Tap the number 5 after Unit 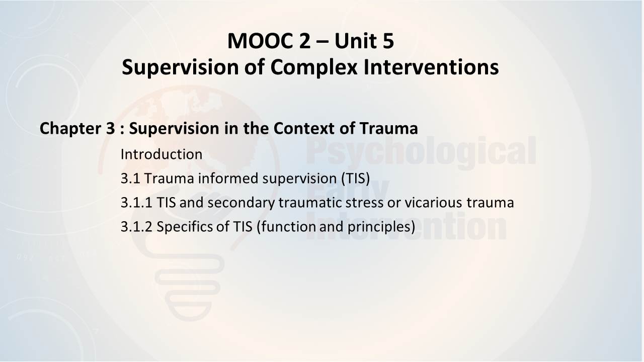388,41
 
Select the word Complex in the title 314,68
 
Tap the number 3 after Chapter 110,128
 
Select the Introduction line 162,154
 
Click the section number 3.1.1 136,203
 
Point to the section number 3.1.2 136,227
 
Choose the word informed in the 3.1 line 228,178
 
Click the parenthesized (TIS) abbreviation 356,178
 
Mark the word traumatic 310,203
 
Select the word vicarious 434,203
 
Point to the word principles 381,227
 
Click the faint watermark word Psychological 421,151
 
